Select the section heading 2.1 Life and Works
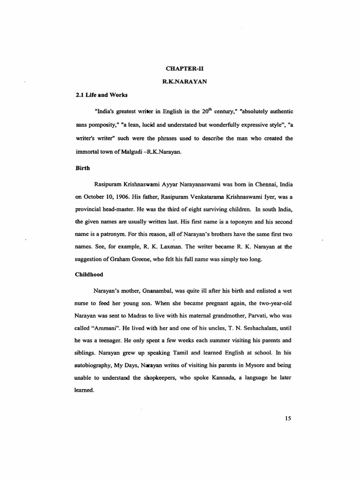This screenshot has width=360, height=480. (x=95, y=94)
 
